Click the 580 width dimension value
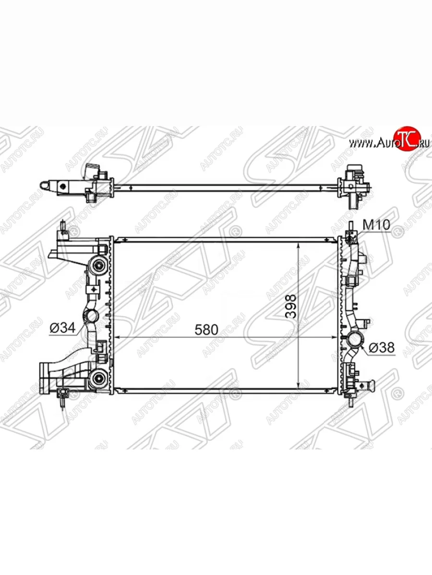pos(206,330)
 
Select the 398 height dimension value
pos(290,306)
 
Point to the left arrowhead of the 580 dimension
pos(119,337)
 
